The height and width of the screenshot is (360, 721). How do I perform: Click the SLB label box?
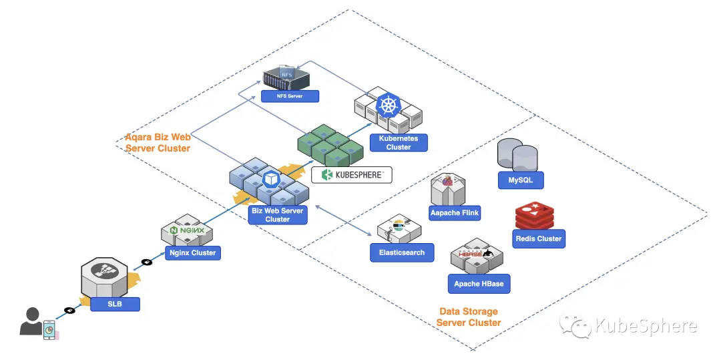[x=115, y=304]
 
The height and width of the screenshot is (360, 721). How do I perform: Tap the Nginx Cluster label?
[x=193, y=253]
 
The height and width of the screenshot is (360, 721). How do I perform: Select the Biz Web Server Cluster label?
[x=278, y=214]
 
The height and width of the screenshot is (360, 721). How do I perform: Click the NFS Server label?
[x=290, y=96]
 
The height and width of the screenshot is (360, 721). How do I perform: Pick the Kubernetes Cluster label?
[x=398, y=142]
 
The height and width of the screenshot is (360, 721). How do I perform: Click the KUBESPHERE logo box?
[x=352, y=175]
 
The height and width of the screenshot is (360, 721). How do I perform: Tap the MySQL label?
[x=521, y=180]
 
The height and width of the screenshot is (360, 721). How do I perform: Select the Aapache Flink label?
[x=455, y=213]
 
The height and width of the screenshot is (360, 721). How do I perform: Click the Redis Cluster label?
[x=539, y=238]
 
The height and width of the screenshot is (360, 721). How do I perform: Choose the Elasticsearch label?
[x=402, y=252]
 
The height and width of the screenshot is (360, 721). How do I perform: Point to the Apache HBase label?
[x=479, y=284]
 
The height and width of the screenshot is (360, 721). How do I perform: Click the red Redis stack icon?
[x=534, y=215]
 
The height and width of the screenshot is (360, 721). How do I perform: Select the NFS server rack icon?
[x=286, y=78]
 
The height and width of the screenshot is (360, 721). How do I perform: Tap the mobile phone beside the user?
[x=49, y=330]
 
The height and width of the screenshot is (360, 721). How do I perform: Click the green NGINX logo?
[x=187, y=230]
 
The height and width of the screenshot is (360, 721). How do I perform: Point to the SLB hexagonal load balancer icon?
[x=104, y=277]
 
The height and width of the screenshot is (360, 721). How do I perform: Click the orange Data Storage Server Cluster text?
[x=469, y=317]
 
